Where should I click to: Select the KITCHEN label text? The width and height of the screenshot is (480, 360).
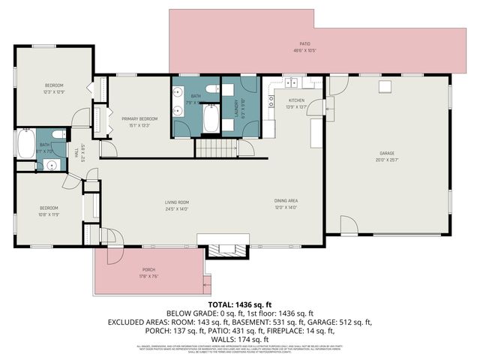pyautogui.click(x=296, y=100)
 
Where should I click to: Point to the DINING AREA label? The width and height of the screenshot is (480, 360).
pyautogui.click(x=286, y=201)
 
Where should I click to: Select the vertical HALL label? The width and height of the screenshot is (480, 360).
pyautogui.click(x=76, y=152)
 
